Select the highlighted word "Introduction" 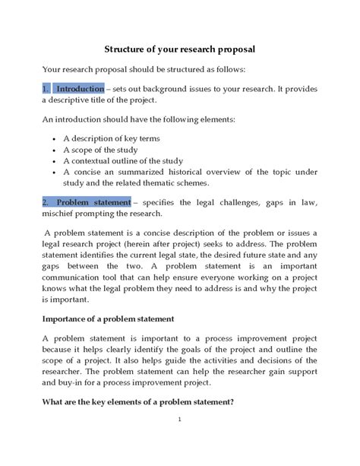click(80, 88)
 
